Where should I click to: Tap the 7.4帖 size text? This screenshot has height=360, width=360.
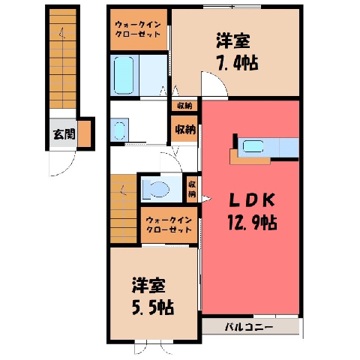pyautogui.click(x=237, y=63)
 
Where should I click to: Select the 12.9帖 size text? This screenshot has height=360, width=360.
pyautogui.click(x=252, y=223)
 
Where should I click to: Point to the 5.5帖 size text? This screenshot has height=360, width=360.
pyautogui.click(x=152, y=307)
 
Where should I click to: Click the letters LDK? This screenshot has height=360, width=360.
pyautogui.click(x=252, y=200)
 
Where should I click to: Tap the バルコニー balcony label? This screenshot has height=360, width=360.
pyautogui.click(x=249, y=327)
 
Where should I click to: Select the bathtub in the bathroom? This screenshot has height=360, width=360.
pyautogui.click(x=124, y=75)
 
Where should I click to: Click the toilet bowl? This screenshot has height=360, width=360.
pyautogui.click(x=156, y=189)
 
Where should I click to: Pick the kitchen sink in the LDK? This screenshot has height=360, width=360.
pyautogui.click(x=253, y=146)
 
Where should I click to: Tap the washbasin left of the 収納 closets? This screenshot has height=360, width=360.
pyautogui.click(x=119, y=130)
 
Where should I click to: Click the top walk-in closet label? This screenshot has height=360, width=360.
pyautogui.click(x=137, y=29)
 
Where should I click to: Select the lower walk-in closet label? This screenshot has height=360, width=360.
pyautogui.click(x=169, y=225)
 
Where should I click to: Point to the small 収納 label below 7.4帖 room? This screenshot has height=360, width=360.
pyautogui.click(x=184, y=106)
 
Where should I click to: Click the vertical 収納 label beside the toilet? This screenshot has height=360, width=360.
pyautogui.click(x=192, y=189)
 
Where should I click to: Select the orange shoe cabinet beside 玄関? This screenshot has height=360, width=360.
pyautogui.click(x=84, y=134)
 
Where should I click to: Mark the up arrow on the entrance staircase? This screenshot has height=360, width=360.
pyautogui.click(x=61, y=33)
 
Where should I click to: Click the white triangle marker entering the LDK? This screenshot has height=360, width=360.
pyautogui.click(x=207, y=199)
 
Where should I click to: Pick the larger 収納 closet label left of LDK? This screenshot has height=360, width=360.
pyautogui.click(x=185, y=130)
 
